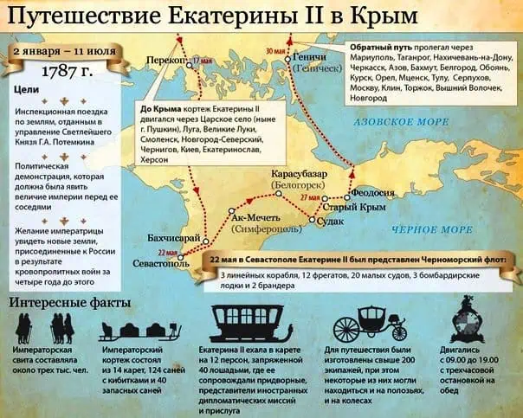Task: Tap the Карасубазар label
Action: (x=297, y=174)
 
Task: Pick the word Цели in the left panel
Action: (x=27, y=90)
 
